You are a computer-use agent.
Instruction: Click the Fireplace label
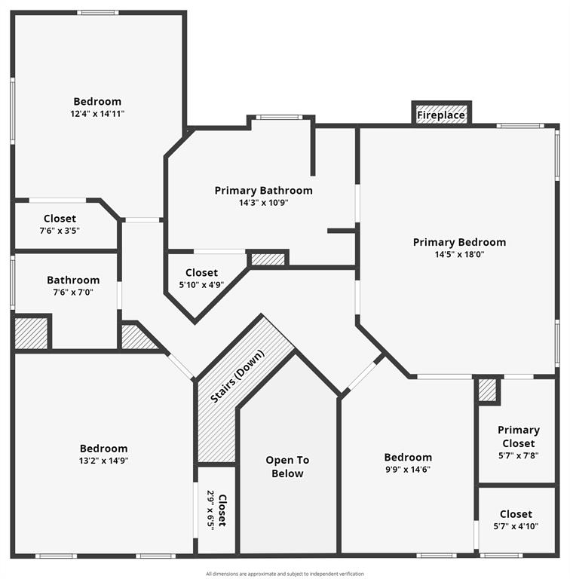[x=441, y=116]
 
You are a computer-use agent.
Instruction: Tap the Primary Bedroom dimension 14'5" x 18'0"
[x=459, y=255]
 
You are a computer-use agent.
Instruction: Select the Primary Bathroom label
[x=263, y=191]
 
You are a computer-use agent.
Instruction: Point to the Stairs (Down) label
[x=238, y=376]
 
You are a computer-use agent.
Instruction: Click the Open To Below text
[x=287, y=467]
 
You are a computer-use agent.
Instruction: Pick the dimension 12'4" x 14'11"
[x=97, y=114]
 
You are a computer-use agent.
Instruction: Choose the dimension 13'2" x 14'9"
[x=103, y=461]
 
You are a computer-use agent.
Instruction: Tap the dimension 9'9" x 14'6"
[x=408, y=469]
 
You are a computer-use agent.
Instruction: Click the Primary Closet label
[x=518, y=437]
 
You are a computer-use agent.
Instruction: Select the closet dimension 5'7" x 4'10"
[x=516, y=526]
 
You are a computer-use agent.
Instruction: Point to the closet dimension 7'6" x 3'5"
[x=60, y=231]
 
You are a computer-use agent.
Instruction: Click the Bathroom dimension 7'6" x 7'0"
[x=73, y=292]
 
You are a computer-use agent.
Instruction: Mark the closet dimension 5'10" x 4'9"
[x=201, y=285]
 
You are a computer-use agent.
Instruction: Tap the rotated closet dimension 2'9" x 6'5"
[x=211, y=510]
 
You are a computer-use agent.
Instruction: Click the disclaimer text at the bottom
[x=285, y=574]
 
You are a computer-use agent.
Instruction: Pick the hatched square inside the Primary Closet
[x=487, y=390]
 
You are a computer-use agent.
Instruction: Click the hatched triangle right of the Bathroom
[x=137, y=338]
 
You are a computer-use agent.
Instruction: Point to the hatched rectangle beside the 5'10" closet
[x=268, y=259]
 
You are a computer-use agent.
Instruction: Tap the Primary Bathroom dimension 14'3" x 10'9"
[x=263, y=202]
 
